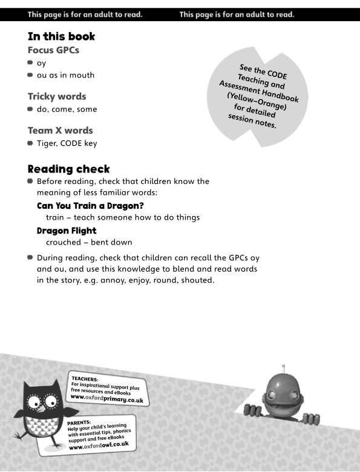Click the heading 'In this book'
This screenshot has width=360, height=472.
pyautogui.click(x=61, y=37)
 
